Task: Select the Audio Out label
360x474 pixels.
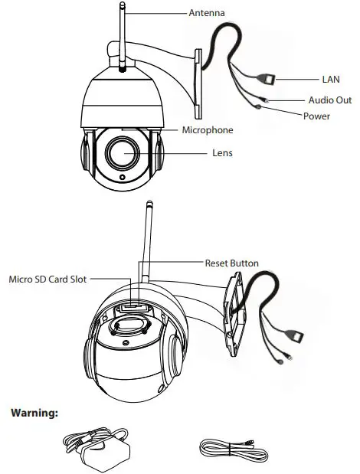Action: [330, 100]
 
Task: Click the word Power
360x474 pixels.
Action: [317, 116]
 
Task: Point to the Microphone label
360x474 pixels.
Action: [207, 130]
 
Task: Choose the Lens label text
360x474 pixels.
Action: [222, 153]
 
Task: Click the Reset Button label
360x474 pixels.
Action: [231, 263]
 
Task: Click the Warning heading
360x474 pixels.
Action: [34, 413]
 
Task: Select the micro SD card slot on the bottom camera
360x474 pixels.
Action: [131, 306]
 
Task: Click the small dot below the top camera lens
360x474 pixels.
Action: [121, 178]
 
